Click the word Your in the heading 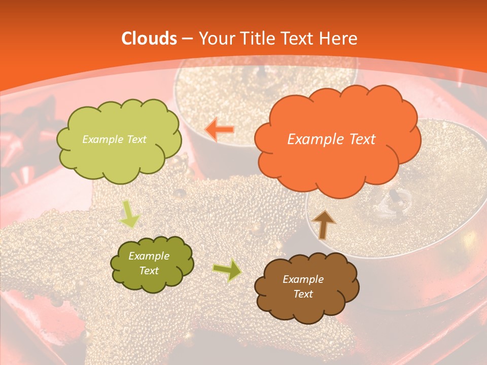(x=217, y=39)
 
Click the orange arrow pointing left (x=220, y=129)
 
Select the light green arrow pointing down (x=130, y=213)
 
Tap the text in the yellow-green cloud (x=114, y=139)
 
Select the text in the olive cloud (x=149, y=264)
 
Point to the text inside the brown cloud (x=303, y=286)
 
